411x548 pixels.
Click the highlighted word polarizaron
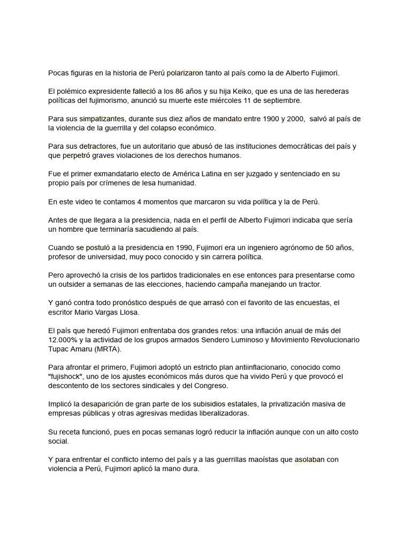[x=185, y=72]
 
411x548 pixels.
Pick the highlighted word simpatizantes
[x=102, y=119]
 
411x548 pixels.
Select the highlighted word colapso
[x=163, y=128]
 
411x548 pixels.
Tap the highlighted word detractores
[x=105, y=146]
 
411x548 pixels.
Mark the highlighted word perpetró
[x=76, y=155]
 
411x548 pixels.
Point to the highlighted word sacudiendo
[x=154, y=229]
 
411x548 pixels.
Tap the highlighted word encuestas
[x=313, y=303]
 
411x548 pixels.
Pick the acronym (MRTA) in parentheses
[x=108, y=348]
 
